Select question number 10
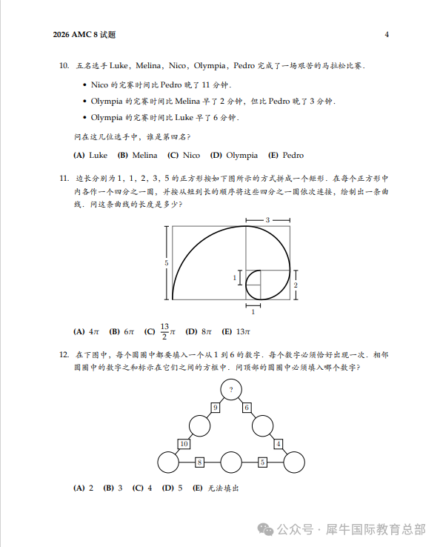coord(64,66)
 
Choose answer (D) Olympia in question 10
coord(234,156)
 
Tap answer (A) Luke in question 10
coord(90,156)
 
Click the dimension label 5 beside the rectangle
coord(167,263)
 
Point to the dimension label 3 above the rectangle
coord(267,220)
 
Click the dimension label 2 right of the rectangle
coord(296,285)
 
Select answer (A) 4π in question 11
coord(87,332)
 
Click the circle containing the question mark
coord(231,389)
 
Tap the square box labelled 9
coord(215,408)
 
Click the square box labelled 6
coord(247,408)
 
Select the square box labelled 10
coord(184,444)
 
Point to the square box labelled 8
coord(199,463)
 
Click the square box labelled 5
coord(262,463)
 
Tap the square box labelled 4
coord(279,444)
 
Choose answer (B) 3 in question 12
coord(114,488)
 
